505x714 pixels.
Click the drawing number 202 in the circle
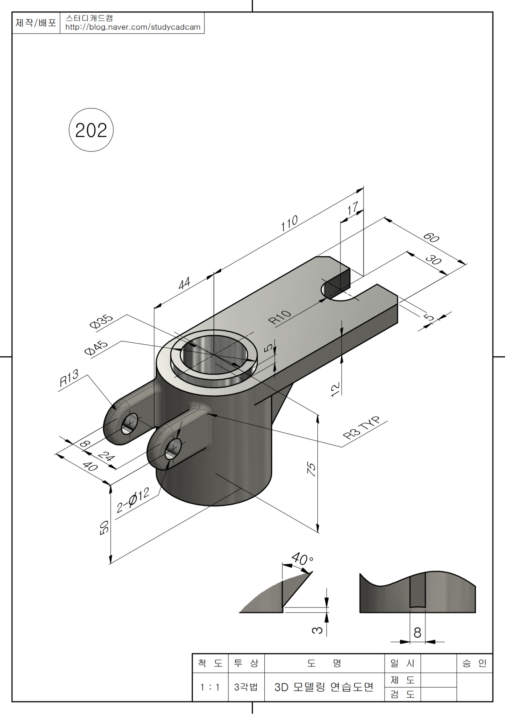click(x=91, y=130)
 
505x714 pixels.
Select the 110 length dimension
click(x=290, y=223)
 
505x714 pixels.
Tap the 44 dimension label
click(x=184, y=283)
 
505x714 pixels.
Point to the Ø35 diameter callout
click(x=101, y=321)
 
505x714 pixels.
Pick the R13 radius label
click(x=69, y=378)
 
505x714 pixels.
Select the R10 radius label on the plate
click(x=280, y=317)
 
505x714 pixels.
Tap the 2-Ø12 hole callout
click(x=133, y=500)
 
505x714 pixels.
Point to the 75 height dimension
click(x=311, y=468)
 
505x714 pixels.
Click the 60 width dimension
click(x=431, y=238)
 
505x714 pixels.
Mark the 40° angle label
click(x=302, y=559)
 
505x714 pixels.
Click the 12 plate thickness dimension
click(x=335, y=389)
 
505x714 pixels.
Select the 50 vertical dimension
click(x=104, y=527)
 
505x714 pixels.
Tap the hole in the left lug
click(x=130, y=423)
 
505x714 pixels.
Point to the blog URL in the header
click(x=133, y=27)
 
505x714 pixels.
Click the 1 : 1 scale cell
click(x=210, y=687)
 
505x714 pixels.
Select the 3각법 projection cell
click(x=246, y=687)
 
